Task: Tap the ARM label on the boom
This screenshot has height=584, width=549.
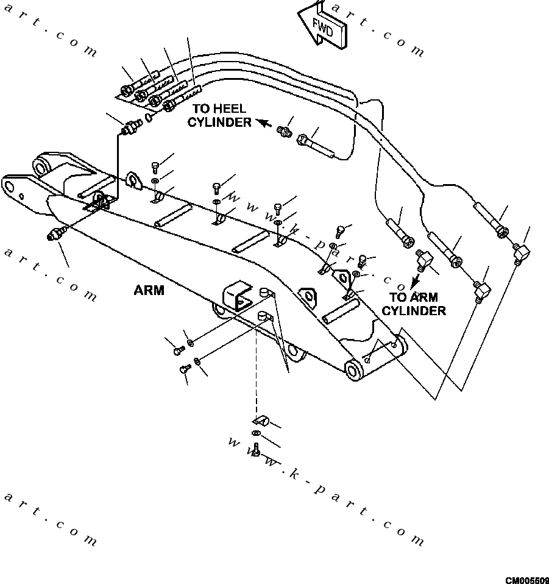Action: (x=149, y=291)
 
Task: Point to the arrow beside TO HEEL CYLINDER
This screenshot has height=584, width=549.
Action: (x=263, y=123)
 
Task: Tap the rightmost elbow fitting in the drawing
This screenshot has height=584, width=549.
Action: (x=521, y=252)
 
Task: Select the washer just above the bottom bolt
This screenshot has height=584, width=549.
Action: (x=255, y=433)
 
